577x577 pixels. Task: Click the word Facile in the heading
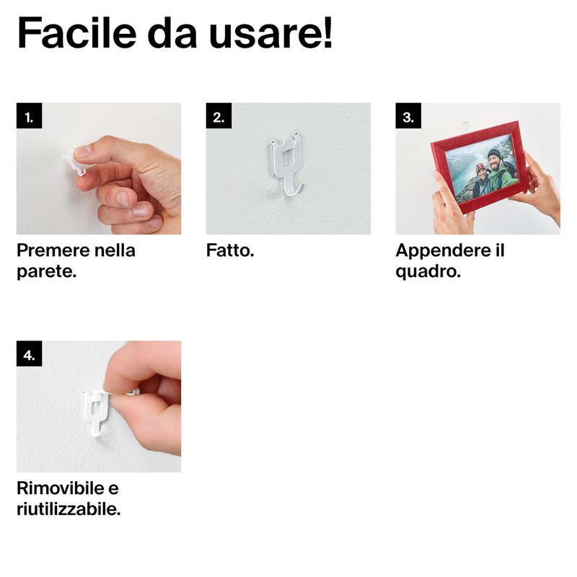pyautogui.click(x=77, y=32)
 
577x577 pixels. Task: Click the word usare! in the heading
pyautogui.click(x=271, y=32)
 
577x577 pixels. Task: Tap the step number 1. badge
pyautogui.click(x=29, y=116)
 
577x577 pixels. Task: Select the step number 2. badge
pyautogui.click(x=219, y=116)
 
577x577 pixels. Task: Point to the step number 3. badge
pyautogui.click(x=408, y=116)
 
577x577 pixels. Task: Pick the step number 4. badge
pyautogui.click(x=29, y=353)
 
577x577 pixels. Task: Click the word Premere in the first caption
pyautogui.click(x=53, y=250)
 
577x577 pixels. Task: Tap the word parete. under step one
pyautogui.click(x=46, y=273)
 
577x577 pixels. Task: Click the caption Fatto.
pyautogui.click(x=230, y=250)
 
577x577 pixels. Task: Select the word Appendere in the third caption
pyautogui.click(x=443, y=251)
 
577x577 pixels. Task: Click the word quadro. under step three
pyautogui.click(x=428, y=273)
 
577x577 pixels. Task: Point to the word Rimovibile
pyautogui.click(x=61, y=488)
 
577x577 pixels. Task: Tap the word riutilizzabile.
pyautogui.click(x=69, y=510)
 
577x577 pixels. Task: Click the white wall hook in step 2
pyautogui.click(x=287, y=164)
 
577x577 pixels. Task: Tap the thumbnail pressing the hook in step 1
pyautogui.click(x=84, y=151)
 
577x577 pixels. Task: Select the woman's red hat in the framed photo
pyautogui.click(x=480, y=169)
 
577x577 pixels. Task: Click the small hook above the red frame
pyautogui.click(x=465, y=124)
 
